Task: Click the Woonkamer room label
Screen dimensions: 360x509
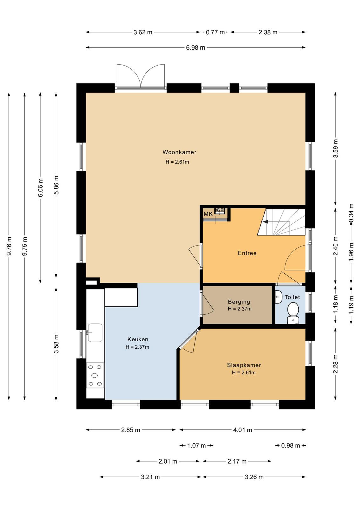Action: pyautogui.click(x=179, y=152)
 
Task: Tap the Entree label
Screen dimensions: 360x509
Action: pyautogui.click(x=247, y=253)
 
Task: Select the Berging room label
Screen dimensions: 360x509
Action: pyautogui.click(x=239, y=302)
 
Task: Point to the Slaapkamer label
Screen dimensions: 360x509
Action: pyautogui.click(x=244, y=365)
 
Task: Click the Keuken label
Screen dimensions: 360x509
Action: pyautogui.click(x=138, y=339)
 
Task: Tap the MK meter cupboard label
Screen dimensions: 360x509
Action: pyautogui.click(x=208, y=214)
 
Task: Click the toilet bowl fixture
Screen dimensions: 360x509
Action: pyautogui.click(x=293, y=312)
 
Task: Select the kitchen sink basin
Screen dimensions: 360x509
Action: pyautogui.click(x=95, y=332)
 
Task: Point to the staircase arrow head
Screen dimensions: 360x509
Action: pyautogui.click(x=265, y=222)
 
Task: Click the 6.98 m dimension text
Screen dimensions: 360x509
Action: pyautogui.click(x=196, y=47)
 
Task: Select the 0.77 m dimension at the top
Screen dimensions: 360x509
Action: pyautogui.click(x=215, y=32)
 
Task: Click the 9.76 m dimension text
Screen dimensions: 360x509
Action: pyautogui.click(x=9, y=246)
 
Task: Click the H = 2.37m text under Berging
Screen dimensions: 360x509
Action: pyautogui.click(x=239, y=309)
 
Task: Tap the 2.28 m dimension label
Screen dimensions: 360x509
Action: pyautogui.click(x=336, y=364)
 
